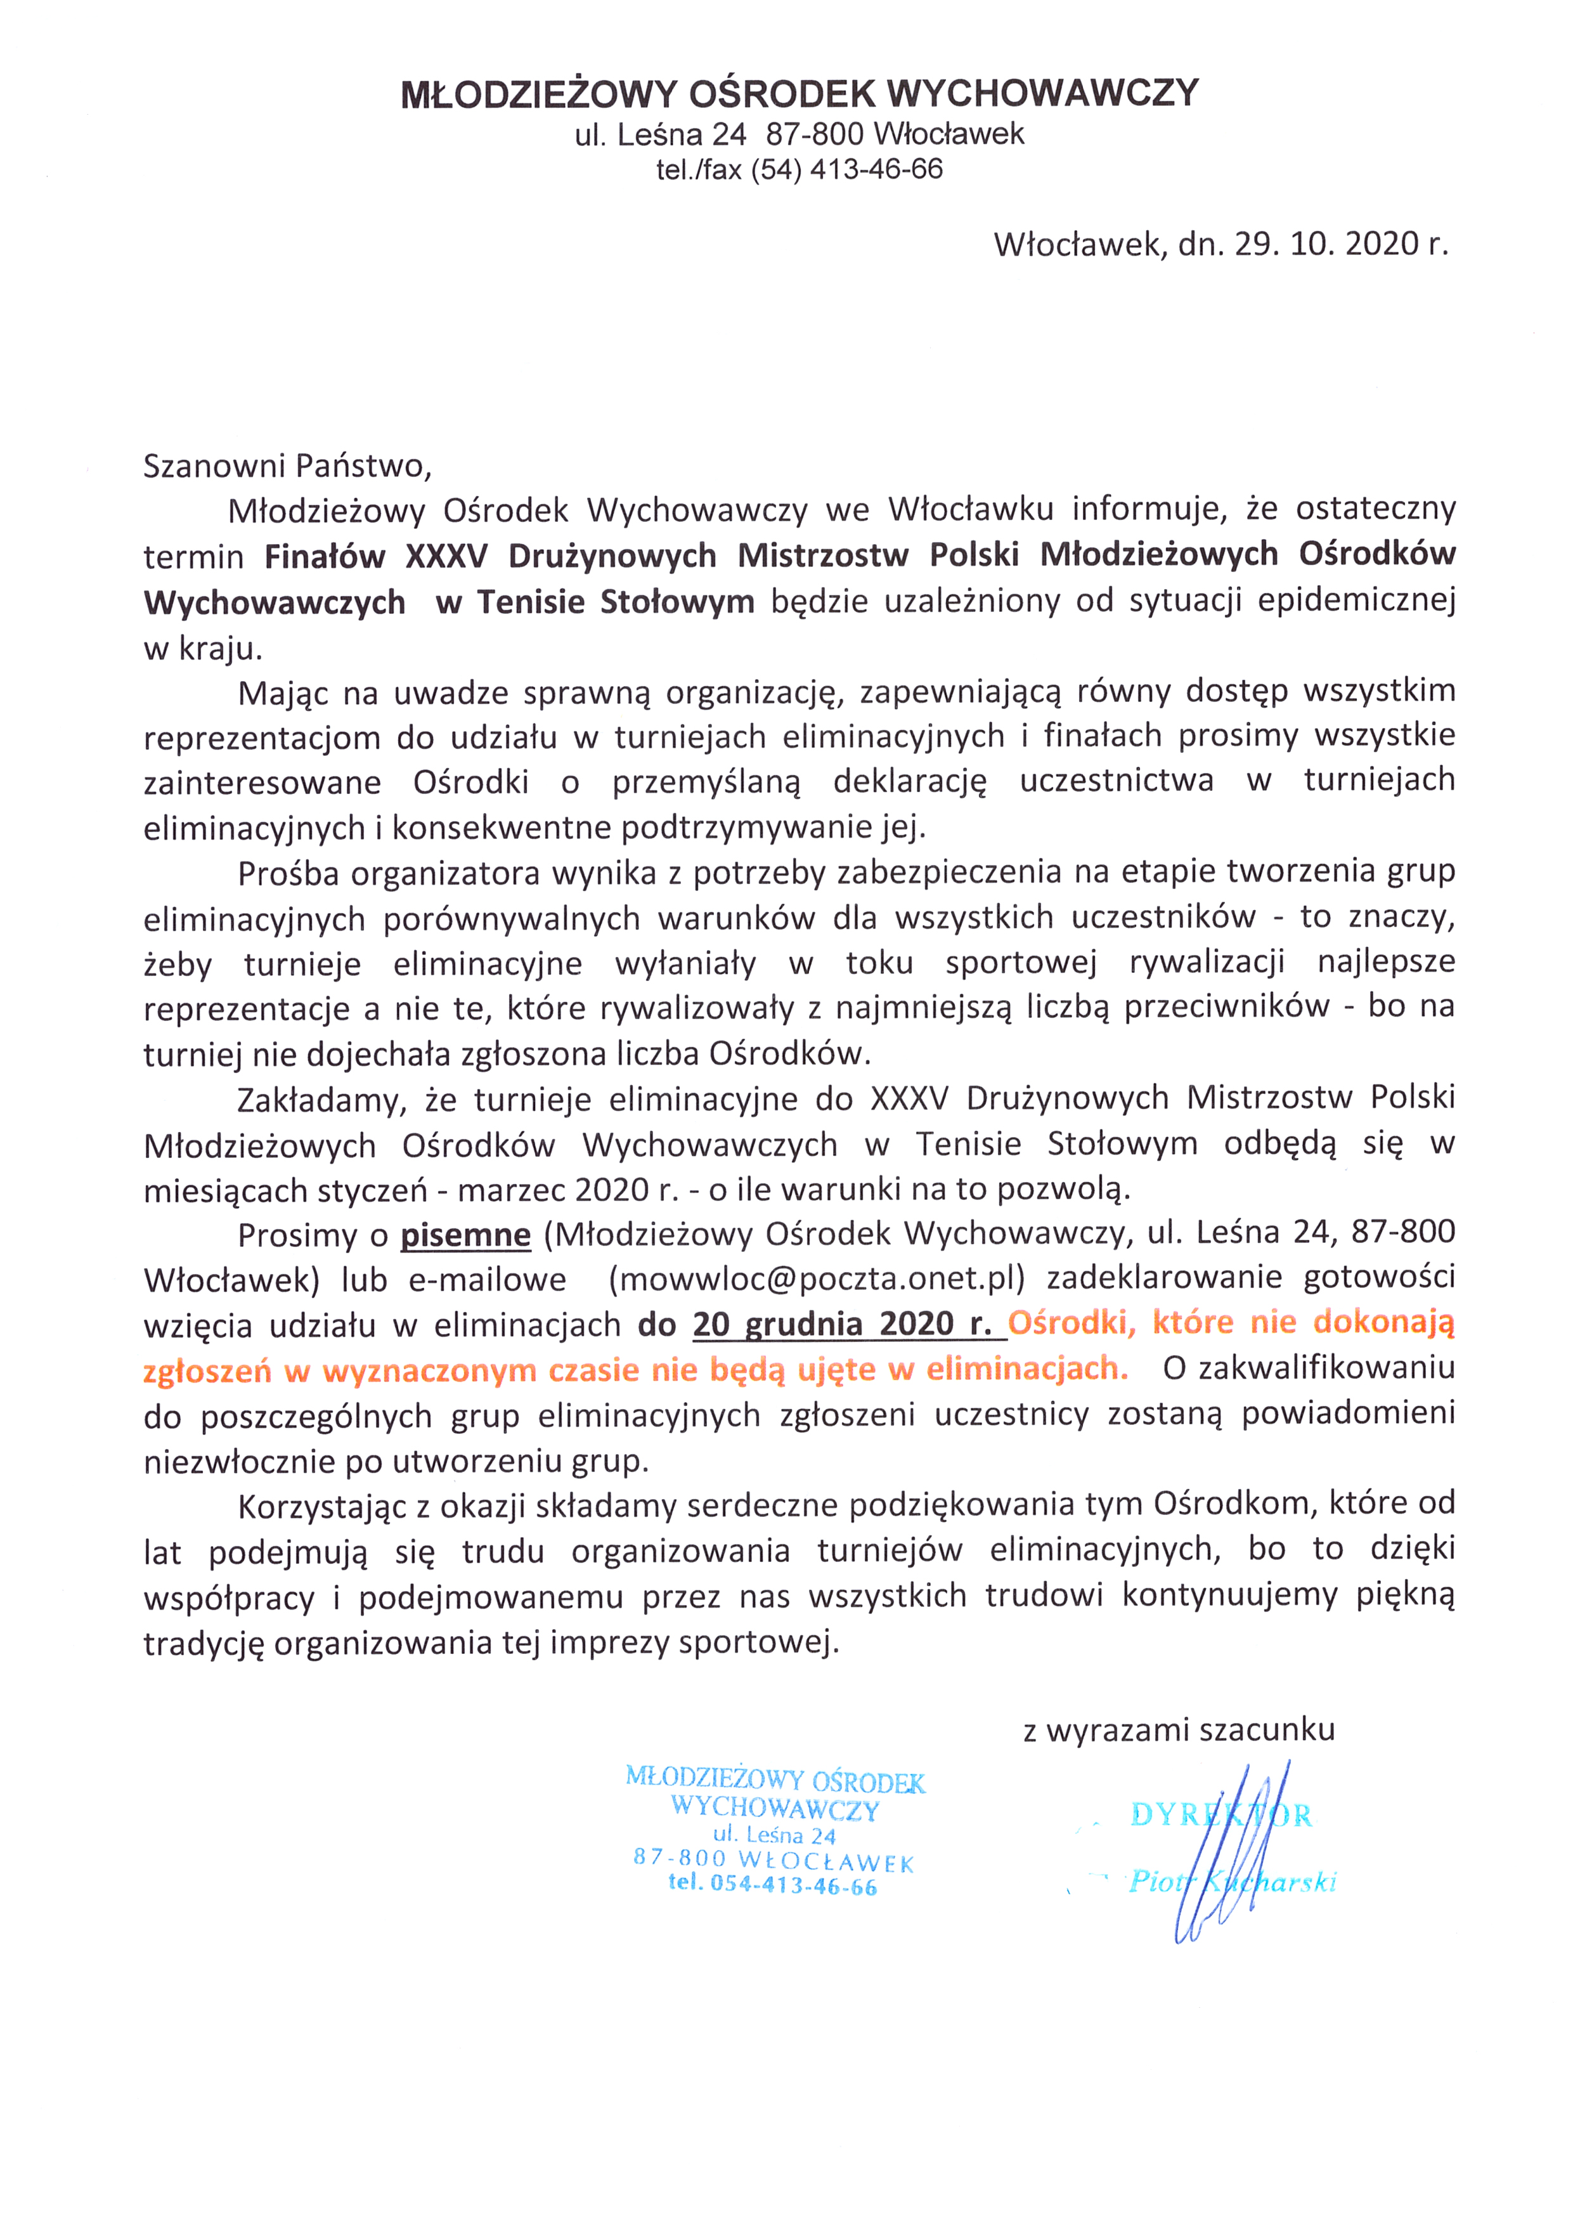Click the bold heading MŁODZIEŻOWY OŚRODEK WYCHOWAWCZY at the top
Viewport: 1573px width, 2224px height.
799,94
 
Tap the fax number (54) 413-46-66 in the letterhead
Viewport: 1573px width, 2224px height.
846,169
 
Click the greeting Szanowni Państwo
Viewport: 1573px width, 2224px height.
287,466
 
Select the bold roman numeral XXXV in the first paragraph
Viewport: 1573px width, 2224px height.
446,556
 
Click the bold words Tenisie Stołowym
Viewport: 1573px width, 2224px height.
615,602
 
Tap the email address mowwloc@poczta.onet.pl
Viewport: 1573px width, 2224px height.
815,1280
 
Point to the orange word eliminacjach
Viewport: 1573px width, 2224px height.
1026,1368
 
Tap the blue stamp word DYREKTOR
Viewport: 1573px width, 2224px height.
1220,1814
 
